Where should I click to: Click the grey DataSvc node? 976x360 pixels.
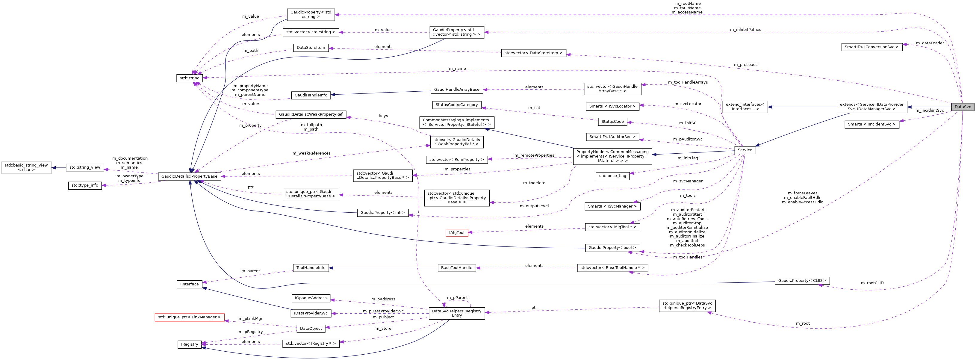click(x=962, y=107)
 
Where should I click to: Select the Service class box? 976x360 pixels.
click(x=745, y=150)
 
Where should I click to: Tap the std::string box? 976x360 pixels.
click(x=190, y=78)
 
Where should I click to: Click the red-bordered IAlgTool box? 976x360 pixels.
click(x=456, y=233)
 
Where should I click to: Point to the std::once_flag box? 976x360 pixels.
click(x=612, y=176)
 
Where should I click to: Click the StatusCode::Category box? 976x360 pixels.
click(x=456, y=105)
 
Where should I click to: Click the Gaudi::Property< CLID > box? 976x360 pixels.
click(x=802, y=281)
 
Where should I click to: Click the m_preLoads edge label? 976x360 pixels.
click(x=745, y=65)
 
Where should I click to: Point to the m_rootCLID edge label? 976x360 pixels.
click(x=872, y=283)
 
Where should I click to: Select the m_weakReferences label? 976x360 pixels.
click(x=311, y=153)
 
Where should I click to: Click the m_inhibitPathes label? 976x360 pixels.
click(x=745, y=30)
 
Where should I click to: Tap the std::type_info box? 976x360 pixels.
click(x=85, y=185)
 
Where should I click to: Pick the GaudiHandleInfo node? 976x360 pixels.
click(x=311, y=95)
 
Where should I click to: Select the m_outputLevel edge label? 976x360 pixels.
click(x=534, y=206)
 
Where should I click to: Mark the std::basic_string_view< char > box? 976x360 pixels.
click(x=26, y=167)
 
